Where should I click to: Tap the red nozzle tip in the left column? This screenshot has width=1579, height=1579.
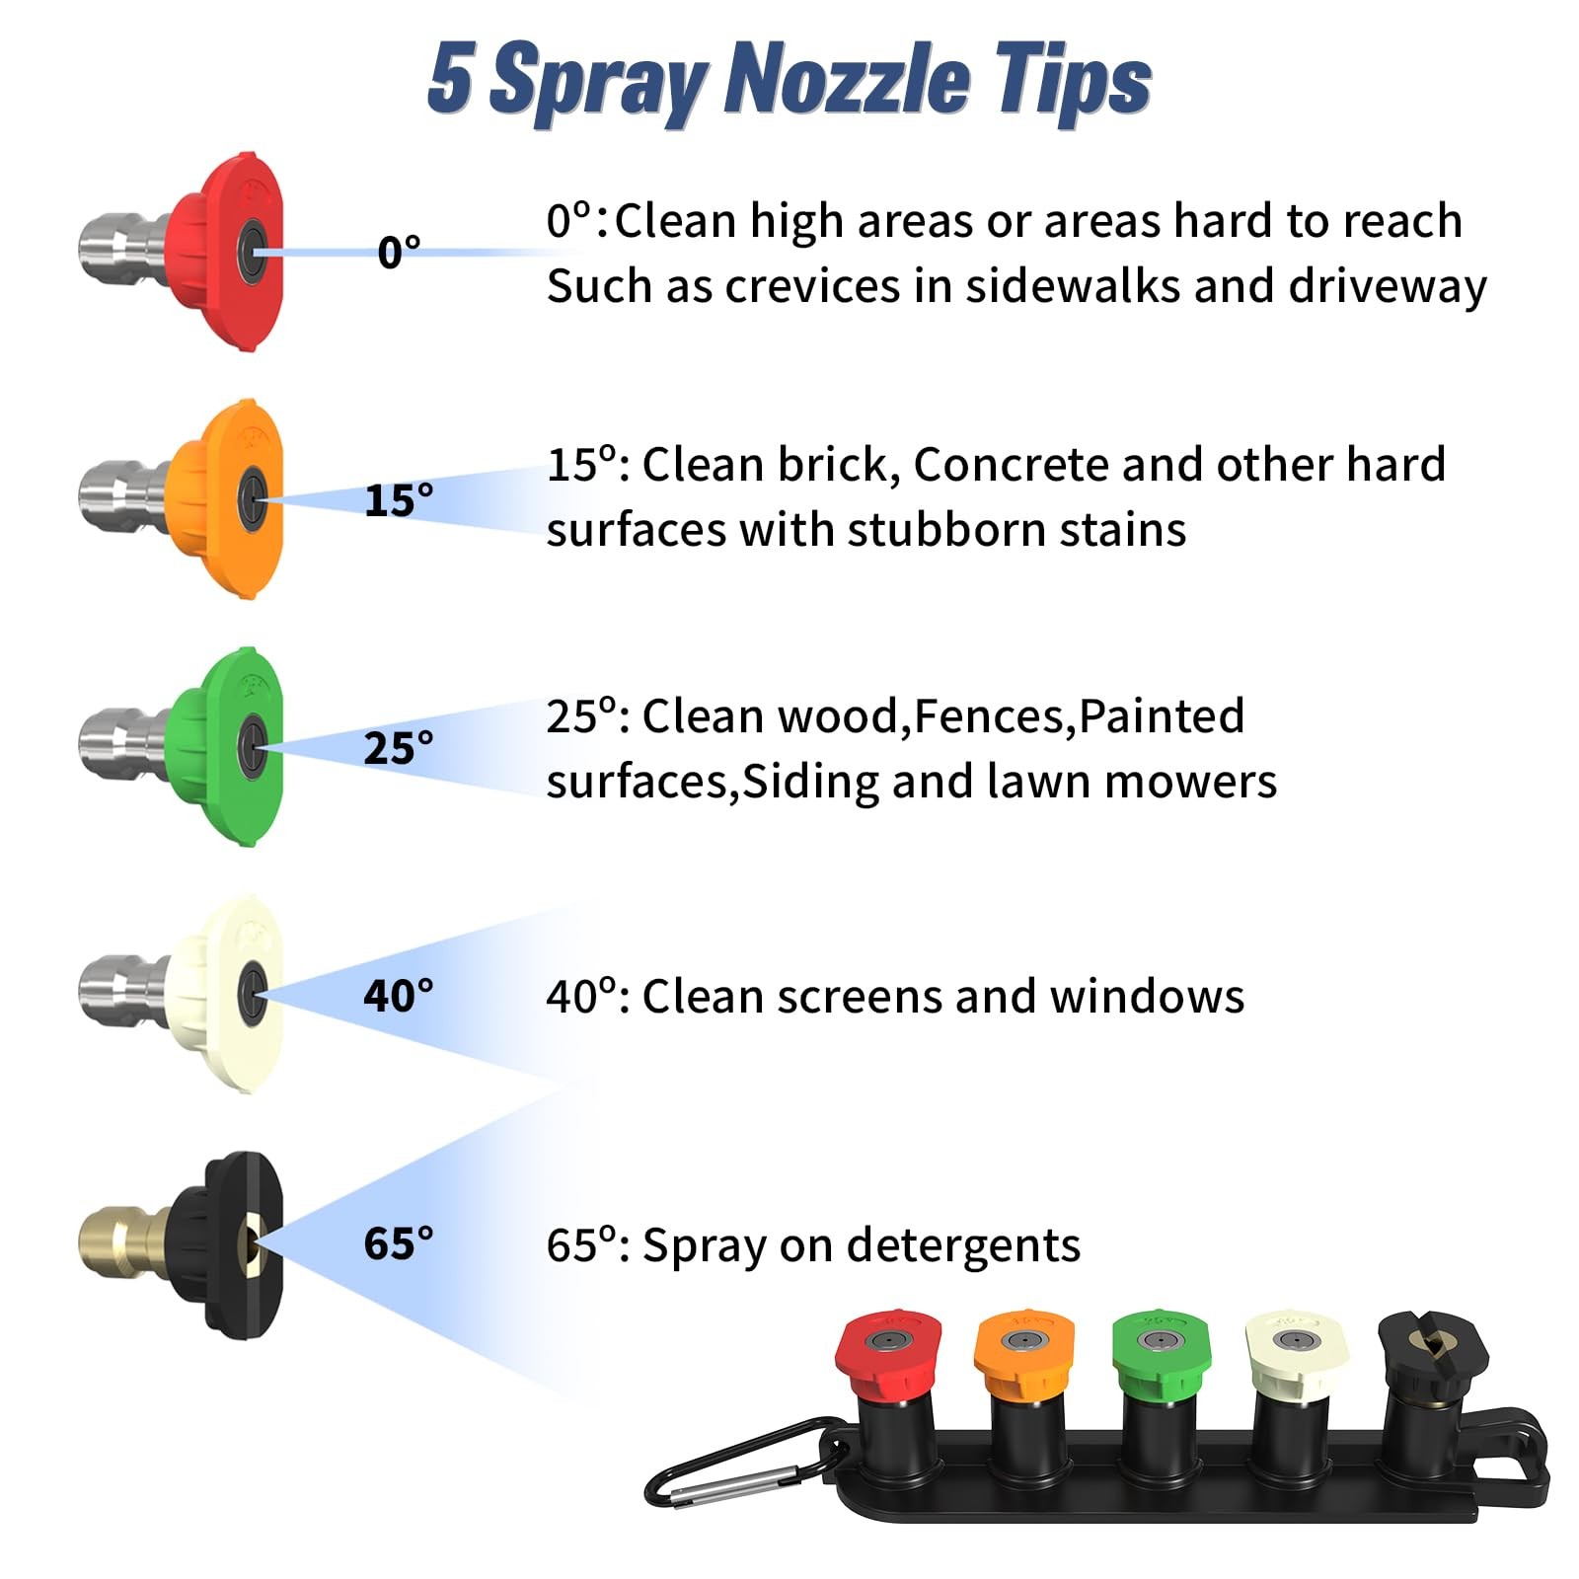tap(183, 251)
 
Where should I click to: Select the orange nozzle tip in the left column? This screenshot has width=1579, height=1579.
tap(183, 498)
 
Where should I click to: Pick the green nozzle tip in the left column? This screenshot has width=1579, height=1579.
tap(183, 746)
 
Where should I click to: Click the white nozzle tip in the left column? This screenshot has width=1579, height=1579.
tap(183, 994)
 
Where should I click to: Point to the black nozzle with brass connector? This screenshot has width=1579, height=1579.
tap(183, 1243)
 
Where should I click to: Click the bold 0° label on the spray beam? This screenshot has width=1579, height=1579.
tap(399, 253)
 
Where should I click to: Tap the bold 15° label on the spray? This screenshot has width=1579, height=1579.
tap(399, 500)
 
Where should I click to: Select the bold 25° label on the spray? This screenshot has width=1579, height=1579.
tap(399, 748)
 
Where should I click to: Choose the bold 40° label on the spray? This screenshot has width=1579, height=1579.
tap(399, 996)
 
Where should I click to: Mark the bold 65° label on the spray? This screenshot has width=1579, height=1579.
tap(399, 1243)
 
